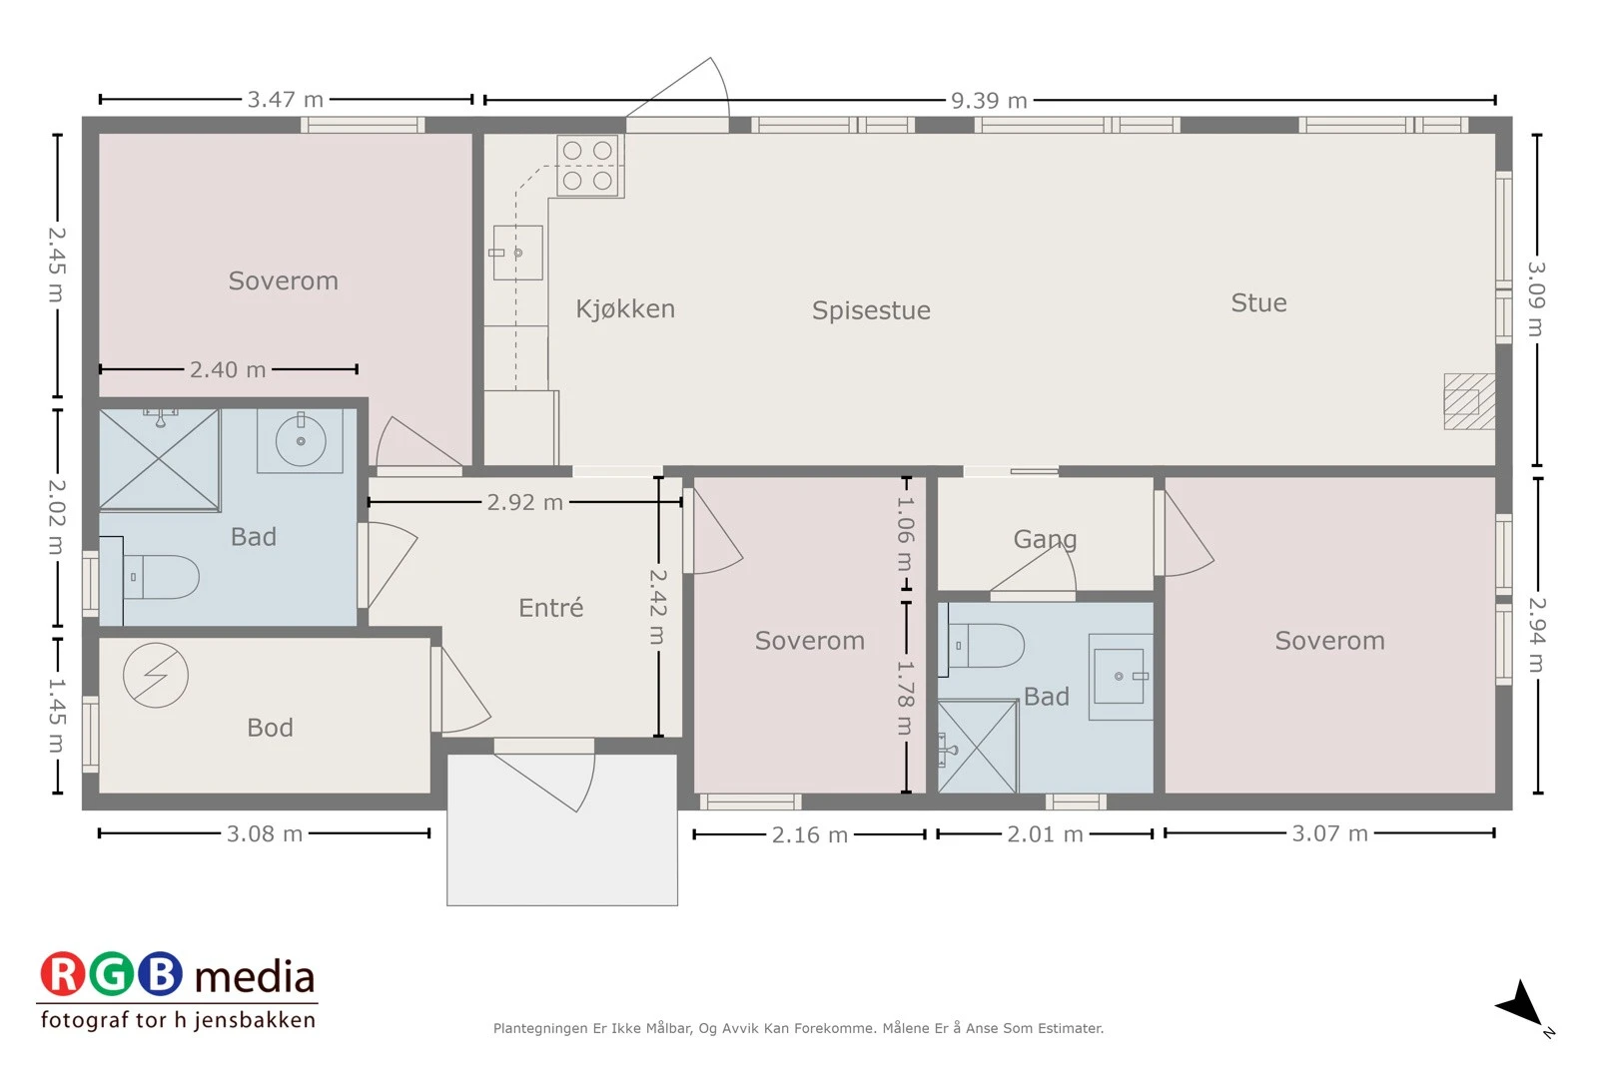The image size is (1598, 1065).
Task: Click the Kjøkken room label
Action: [625, 308]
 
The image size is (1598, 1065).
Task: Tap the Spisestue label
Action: [871, 310]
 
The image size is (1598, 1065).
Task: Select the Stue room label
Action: [1259, 303]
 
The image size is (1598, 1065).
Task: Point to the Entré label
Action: [550, 607]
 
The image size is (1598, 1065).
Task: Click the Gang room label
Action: [1045, 540]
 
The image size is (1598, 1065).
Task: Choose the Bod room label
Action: [270, 728]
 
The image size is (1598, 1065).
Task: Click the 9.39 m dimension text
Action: [989, 101]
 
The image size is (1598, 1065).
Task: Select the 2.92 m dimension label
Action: [525, 503]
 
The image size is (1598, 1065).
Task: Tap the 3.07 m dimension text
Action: [1329, 833]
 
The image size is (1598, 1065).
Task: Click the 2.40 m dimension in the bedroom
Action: [228, 369]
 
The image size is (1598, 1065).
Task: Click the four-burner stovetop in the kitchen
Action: [590, 166]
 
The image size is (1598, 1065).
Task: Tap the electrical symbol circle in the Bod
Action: [156, 675]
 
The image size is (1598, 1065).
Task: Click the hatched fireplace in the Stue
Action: [1469, 401]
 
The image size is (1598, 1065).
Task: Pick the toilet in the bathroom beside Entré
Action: [161, 577]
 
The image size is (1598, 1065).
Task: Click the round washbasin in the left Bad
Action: [301, 440]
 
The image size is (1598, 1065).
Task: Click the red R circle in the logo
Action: [62, 973]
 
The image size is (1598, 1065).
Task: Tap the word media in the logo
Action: [255, 977]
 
